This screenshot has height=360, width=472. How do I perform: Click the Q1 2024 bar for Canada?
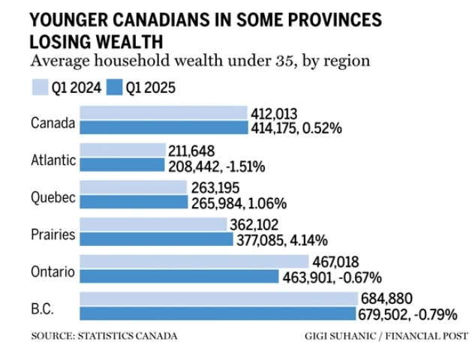pos(163,113)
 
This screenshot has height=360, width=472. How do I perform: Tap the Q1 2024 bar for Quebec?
pos(133,187)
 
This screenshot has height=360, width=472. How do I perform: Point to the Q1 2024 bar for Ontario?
pos(194,262)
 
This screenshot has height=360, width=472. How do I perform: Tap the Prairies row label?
pos(53,234)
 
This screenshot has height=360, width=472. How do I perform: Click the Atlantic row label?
pos(53,159)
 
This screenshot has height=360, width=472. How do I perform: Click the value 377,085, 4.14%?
pos(282,240)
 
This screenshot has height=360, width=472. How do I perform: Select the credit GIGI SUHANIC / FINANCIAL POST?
pos(386,336)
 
